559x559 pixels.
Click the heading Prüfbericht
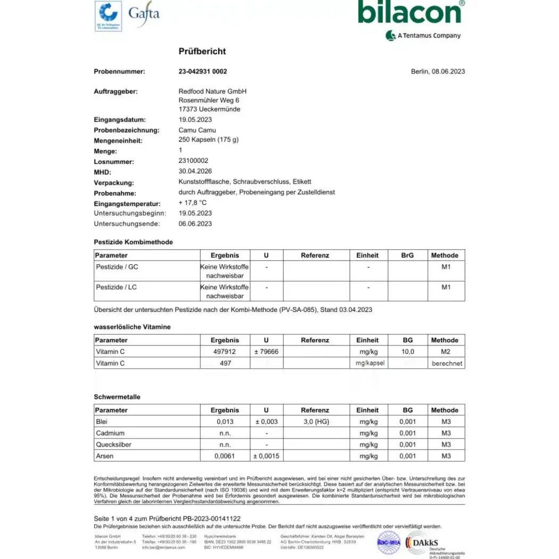pos(202,51)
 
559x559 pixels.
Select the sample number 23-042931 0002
pos(202,71)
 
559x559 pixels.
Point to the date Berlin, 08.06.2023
pos(438,71)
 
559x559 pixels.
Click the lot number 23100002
pos(193,161)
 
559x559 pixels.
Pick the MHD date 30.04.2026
pos(195,171)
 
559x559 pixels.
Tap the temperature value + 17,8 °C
pos(193,203)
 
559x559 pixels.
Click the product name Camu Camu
pos(197,130)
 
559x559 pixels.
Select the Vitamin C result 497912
pos(225,352)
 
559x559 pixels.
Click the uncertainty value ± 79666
pos(266,352)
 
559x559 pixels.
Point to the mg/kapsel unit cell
pos(367,363)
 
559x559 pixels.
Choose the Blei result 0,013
pos(225,422)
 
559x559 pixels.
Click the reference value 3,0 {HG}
pos(315,422)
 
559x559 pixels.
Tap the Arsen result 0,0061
pos(225,456)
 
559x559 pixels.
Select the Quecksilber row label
pos(113,445)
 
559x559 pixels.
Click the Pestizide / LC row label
pos(116,287)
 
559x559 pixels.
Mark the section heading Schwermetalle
pos(117,397)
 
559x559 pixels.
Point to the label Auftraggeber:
pos(116,92)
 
